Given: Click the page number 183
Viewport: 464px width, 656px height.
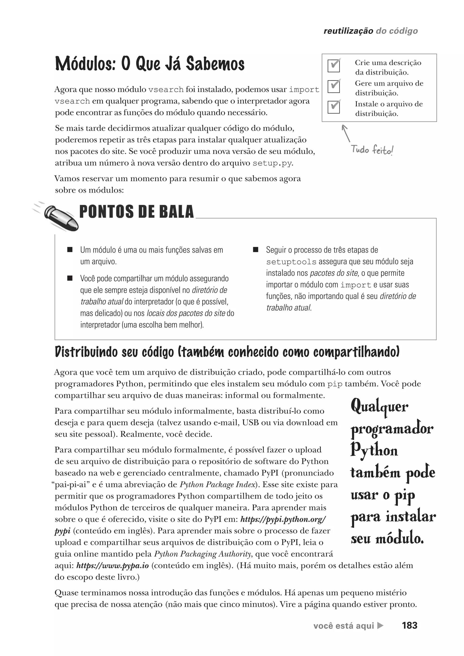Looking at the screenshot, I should click(x=409, y=625).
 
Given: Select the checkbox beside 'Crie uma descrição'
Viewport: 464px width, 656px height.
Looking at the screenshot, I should click(x=333, y=66).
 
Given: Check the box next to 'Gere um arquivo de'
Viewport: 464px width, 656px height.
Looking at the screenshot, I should click(x=333, y=86).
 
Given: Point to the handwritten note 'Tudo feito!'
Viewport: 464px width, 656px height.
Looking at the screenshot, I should click(x=372, y=150).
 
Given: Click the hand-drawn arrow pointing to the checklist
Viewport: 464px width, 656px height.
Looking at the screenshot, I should click(x=346, y=133).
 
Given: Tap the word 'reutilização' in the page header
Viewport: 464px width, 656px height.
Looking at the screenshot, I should click(x=348, y=31).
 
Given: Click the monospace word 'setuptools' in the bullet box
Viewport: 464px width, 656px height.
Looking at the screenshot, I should click(x=291, y=262).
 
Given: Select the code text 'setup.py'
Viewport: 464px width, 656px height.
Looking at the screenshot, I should click(x=272, y=163).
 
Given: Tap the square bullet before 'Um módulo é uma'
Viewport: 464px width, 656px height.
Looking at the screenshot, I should click(x=70, y=250).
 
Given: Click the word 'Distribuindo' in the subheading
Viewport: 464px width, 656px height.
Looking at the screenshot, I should click(x=86, y=352).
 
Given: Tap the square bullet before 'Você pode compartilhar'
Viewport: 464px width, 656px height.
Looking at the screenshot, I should click(x=70, y=278).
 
